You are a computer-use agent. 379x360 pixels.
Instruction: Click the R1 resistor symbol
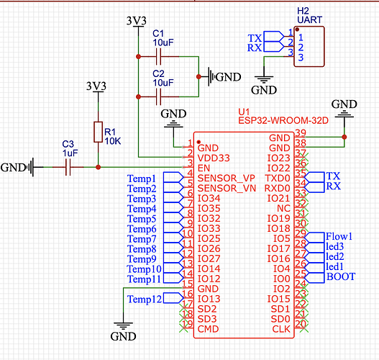point(98,132)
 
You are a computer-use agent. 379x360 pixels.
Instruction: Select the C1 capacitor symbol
point(158,57)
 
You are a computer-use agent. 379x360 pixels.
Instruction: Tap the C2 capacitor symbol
point(158,96)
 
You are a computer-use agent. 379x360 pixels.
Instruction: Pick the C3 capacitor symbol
point(68,167)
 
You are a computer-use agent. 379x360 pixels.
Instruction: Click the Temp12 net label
point(145,299)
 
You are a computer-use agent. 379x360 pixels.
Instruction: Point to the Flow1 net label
point(339,236)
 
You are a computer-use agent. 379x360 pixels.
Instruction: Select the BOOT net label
point(341,276)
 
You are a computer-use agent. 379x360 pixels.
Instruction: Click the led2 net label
point(334,256)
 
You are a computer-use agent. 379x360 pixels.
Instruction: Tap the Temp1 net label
point(142,179)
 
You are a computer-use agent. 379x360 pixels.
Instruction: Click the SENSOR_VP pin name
point(227,179)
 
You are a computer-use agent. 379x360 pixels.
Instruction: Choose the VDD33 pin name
point(214,158)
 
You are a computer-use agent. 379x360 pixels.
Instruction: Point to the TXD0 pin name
point(278,179)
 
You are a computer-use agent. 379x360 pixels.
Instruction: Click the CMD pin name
point(208,329)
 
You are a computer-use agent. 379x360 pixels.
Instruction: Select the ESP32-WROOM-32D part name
point(283,120)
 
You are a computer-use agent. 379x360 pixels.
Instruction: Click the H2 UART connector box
point(309,47)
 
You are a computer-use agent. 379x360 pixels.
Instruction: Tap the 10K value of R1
point(113,141)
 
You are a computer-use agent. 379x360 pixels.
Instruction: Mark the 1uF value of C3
point(70,153)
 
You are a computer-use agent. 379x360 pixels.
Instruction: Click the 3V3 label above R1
point(96,86)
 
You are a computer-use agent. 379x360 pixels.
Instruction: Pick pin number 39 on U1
point(301,132)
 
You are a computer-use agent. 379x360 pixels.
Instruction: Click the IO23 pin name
point(279,158)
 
